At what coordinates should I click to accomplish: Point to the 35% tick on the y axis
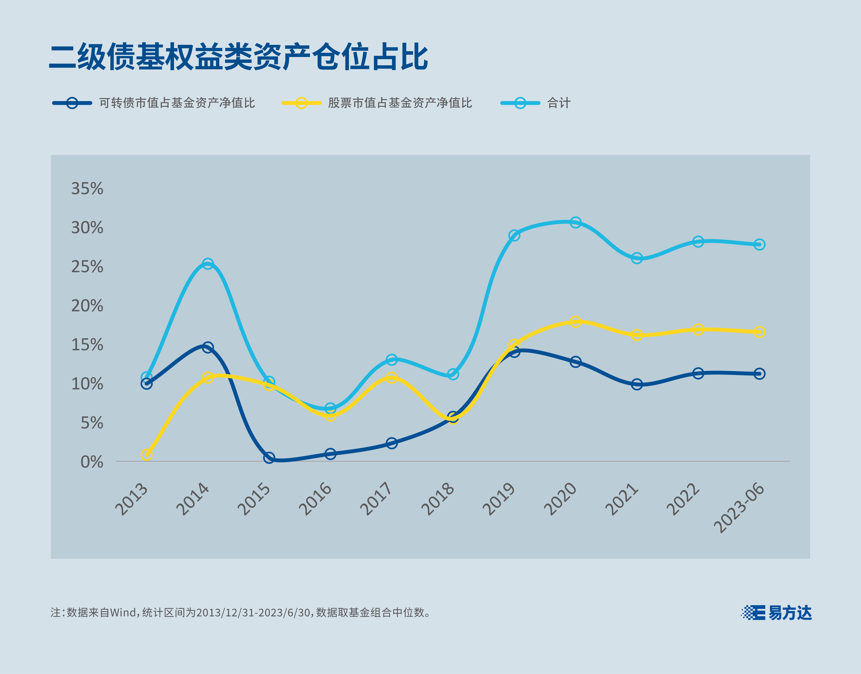click(x=87, y=189)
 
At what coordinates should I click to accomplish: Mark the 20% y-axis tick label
click(x=87, y=306)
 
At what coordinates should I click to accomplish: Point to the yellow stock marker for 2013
click(x=146, y=455)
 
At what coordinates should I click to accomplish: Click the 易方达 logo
click(x=777, y=613)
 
